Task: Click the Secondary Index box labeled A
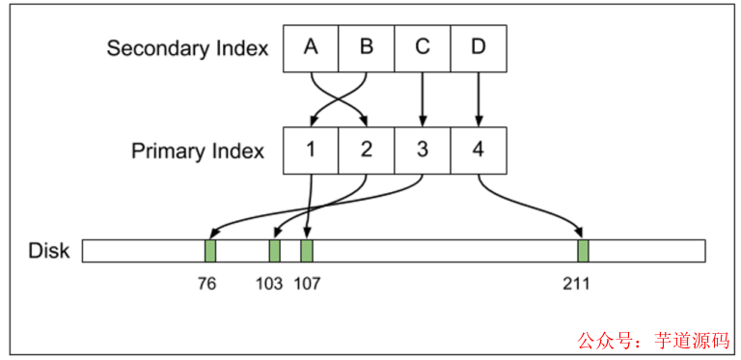[311, 48]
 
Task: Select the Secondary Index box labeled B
[367, 48]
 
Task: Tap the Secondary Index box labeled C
[423, 48]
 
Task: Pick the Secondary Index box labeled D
[479, 48]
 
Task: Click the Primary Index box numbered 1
[311, 151]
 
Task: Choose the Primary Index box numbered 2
[367, 151]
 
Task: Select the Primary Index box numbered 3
[423, 151]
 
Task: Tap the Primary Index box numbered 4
[479, 151]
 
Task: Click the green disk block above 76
[210, 251]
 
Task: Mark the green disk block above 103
[274, 251]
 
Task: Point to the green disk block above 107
[307, 251]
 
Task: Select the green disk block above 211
[583, 251]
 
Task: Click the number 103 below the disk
[270, 284]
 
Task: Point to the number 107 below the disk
[309, 284]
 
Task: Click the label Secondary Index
[187, 48]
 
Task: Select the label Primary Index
[198, 152]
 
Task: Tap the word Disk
[49, 251]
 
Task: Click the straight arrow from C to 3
[423, 99]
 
